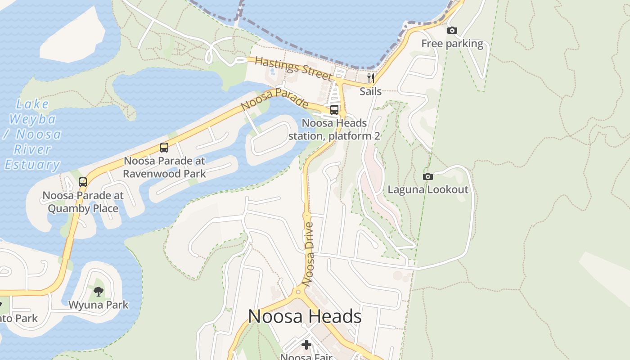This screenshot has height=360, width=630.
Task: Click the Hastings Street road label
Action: [x=293, y=68]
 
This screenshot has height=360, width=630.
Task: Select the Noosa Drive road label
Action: [x=309, y=254]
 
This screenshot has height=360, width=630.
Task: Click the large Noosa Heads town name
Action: [x=305, y=316]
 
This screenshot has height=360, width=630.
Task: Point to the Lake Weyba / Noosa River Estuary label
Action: [x=32, y=135]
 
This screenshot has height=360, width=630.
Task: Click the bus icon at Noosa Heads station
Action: [x=334, y=110]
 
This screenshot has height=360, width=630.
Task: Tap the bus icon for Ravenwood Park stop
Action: [x=164, y=148]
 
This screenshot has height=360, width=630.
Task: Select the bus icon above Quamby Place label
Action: [x=83, y=182]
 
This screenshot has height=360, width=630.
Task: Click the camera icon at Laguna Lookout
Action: [x=428, y=176]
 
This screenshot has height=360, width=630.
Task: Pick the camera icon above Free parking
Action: [x=452, y=31]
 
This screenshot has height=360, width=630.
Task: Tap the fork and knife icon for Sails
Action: [x=371, y=78]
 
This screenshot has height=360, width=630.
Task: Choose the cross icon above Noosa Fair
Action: [x=306, y=345]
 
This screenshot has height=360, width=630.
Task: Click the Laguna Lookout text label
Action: [x=428, y=189]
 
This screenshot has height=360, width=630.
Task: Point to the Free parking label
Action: [x=452, y=44]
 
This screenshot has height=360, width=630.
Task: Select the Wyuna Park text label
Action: [x=99, y=305]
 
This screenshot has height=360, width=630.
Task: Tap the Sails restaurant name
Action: [x=371, y=91]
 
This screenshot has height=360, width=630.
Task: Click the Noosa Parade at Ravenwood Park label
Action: [x=164, y=167]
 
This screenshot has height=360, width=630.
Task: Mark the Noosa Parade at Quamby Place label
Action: [x=83, y=202]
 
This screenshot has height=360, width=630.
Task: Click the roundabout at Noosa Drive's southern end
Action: [x=297, y=292]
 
